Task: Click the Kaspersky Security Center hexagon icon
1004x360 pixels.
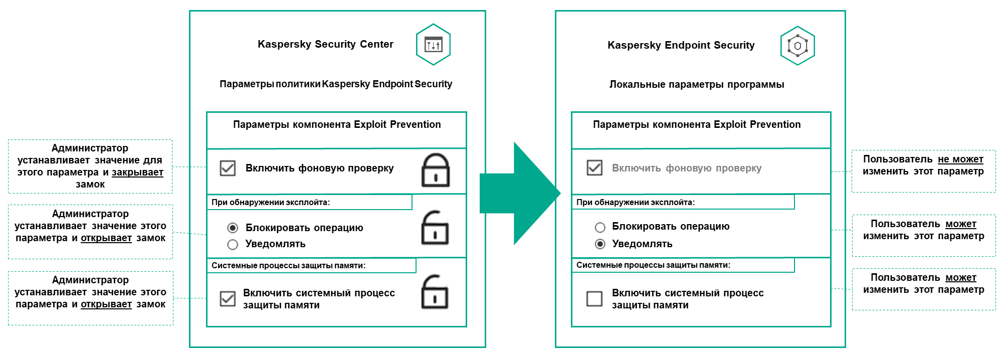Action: coord(433,45)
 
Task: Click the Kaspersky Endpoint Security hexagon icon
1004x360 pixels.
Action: coord(797,46)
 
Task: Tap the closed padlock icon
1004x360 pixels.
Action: coord(435,170)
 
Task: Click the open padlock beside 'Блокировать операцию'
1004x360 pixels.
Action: coord(435,228)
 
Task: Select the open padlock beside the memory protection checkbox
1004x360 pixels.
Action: coord(434,292)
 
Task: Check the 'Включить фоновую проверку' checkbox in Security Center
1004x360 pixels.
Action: coord(228,168)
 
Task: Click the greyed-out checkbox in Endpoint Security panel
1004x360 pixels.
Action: coord(594,167)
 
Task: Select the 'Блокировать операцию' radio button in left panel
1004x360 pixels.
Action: coord(233,228)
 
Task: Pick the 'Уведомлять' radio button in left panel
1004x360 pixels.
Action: coord(233,245)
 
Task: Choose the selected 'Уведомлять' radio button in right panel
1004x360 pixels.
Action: coord(600,244)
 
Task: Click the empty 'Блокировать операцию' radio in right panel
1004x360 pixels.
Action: coord(600,227)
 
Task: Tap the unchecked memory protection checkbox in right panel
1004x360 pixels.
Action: coord(594,299)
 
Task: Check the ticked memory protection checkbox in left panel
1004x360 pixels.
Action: coord(228,299)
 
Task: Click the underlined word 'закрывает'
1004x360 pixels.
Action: coord(137,172)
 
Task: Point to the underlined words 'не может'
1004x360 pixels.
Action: coord(960,159)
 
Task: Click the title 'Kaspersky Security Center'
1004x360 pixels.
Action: coord(325,44)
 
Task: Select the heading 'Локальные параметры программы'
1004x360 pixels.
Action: coord(697,84)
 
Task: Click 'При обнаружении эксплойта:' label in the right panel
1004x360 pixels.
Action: coord(636,203)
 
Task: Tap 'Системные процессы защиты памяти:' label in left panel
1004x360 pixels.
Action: coord(288,266)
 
